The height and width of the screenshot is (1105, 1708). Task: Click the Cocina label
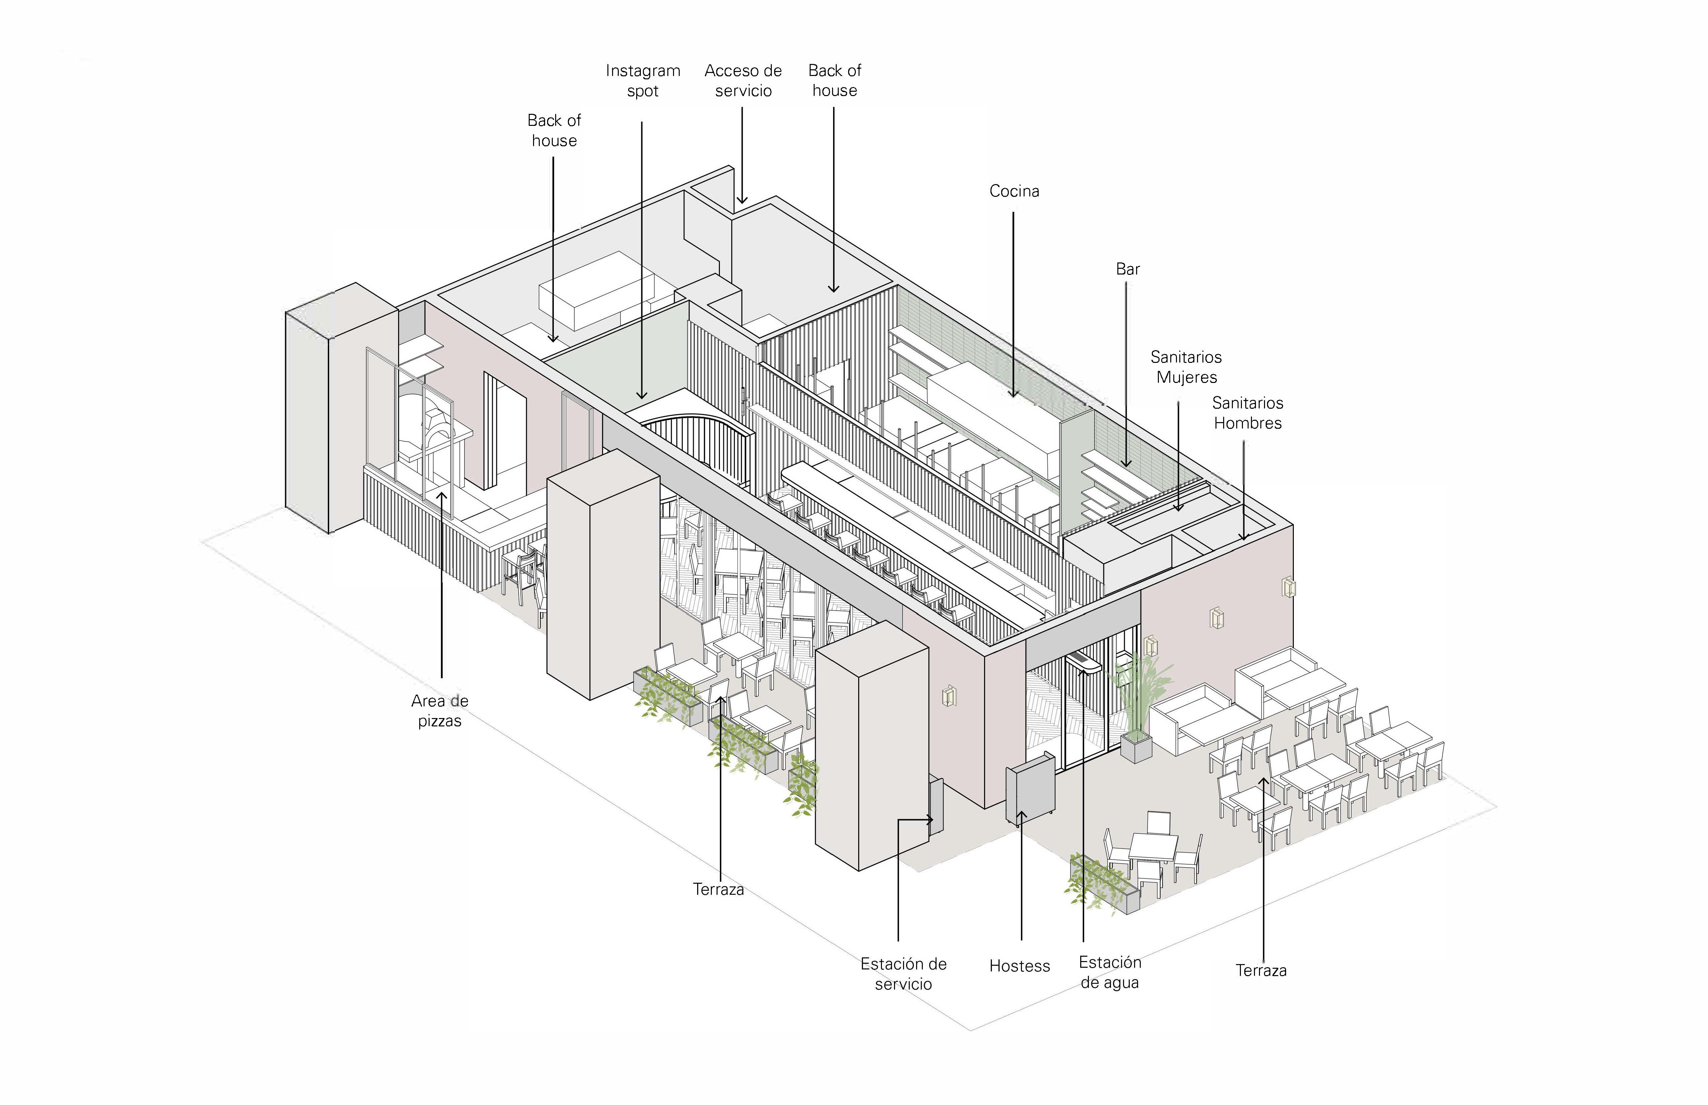pyautogui.click(x=1013, y=191)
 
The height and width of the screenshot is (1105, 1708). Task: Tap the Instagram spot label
pyautogui.click(x=642, y=80)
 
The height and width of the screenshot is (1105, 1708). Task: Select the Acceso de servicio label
pyautogui.click(x=743, y=80)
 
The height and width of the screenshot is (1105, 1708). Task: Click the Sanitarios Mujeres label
pyautogui.click(x=1186, y=367)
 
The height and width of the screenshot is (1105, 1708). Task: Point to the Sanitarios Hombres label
pyautogui.click(x=1247, y=413)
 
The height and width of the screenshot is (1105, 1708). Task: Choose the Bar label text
pyautogui.click(x=1127, y=269)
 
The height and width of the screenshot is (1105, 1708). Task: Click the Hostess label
pyautogui.click(x=1019, y=966)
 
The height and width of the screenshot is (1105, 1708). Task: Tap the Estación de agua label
pyautogui.click(x=1110, y=972)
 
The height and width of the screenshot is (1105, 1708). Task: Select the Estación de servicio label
pyautogui.click(x=903, y=974)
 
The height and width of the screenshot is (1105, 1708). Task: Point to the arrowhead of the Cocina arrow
pyautogui.click(x=1013, y=393)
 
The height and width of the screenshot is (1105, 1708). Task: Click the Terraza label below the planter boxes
pyautogui.click(x=718, y=889)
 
